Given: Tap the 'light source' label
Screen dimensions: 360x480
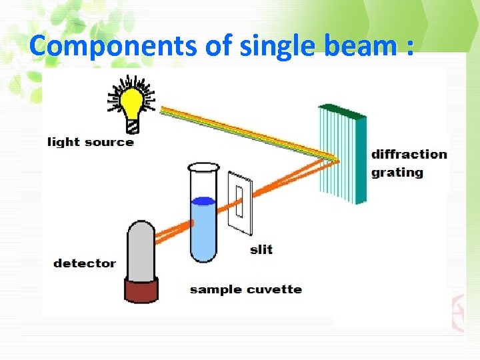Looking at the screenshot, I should tap(91, 142).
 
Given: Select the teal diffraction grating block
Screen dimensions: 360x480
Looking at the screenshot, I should tap(343, 153).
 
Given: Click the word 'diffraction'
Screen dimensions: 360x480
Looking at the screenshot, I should tap(409, 155).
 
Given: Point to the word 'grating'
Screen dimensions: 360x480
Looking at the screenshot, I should tap(397, 173).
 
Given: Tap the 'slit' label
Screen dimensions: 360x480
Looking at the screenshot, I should tap(261, 249).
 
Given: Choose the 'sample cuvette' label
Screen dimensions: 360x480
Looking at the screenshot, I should tap(245, 289).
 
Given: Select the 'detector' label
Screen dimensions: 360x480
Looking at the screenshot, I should tap(85, 263).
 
